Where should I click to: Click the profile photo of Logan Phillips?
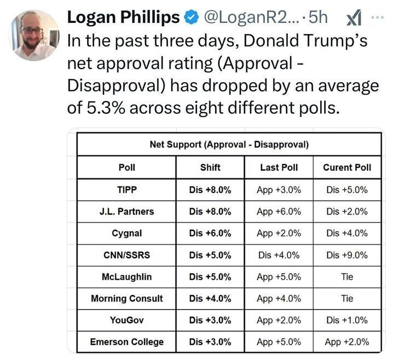click(34, 34)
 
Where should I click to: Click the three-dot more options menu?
click(378, 16)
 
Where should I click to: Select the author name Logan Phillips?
click(123, 18)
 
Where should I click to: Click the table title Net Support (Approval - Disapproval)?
click(229, 145)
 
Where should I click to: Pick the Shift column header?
click(210, 167)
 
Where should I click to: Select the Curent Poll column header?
click(347, 167)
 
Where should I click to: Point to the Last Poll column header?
click(279, 167)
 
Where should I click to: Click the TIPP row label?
click(127, 190)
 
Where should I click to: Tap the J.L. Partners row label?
click(127, 212)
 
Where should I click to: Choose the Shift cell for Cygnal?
click(210, 233)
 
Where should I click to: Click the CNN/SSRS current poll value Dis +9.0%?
click(347, 255)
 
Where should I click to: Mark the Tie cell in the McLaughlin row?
click(347, 277)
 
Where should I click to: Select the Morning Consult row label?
click(127, 299)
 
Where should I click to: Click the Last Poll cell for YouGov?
click(279, 320)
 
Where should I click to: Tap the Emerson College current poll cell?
click(347, 342)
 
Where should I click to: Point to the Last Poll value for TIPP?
click(279, 190)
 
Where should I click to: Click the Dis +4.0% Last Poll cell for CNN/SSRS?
click(279, 255)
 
